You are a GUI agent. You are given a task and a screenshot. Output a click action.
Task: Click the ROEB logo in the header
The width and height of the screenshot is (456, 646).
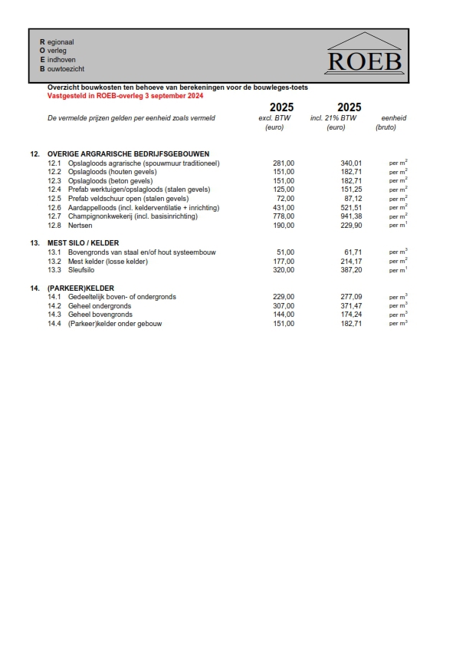click(x=364, y=54)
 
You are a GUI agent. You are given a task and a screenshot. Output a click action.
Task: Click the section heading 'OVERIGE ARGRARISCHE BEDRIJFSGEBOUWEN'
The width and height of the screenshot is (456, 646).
click(x=128, y=154)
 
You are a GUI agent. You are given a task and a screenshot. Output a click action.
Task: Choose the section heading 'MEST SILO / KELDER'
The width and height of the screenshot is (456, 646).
click(x=83, y=242)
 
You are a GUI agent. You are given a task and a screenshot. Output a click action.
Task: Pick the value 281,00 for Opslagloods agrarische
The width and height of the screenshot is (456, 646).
click(x=284, y=163)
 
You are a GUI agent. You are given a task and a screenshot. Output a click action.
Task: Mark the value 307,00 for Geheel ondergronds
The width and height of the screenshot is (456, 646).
click(x=284, y=305)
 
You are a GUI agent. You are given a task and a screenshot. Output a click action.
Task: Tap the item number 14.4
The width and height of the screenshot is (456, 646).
click(x=54, y=324)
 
